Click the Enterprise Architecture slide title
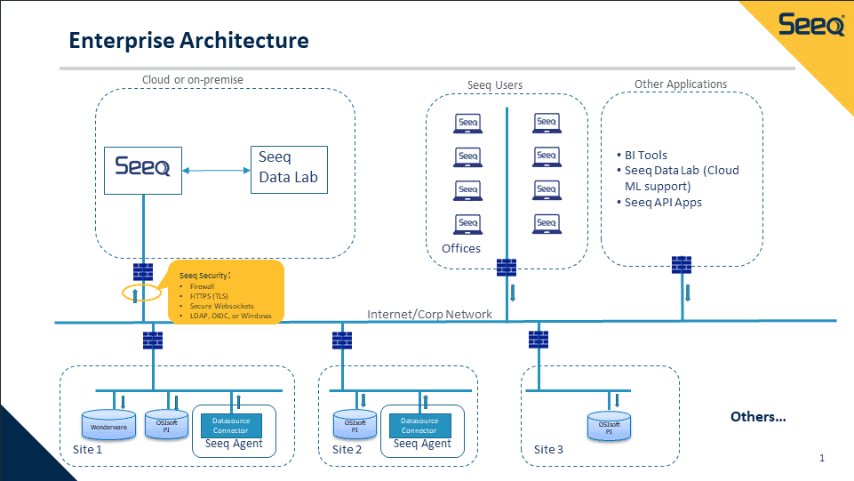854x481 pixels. pos(189,40)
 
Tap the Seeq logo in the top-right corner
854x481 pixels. pos(811,26)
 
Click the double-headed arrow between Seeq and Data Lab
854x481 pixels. pos(216,169)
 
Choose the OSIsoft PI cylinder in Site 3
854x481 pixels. pos(609,427)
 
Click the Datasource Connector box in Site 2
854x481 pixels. pos(419,425)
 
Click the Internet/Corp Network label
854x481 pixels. pos(429,314)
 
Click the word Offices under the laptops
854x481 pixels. pos(461,248)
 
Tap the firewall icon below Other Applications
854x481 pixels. pos(682,264)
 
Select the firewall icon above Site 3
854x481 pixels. pos(538,340)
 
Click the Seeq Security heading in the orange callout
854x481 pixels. pos(204,275)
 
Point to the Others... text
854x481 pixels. pos(758,416)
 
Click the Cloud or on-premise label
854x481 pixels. pos(193,80)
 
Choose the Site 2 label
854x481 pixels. pos(347,449)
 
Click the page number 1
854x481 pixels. pos(822,458)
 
